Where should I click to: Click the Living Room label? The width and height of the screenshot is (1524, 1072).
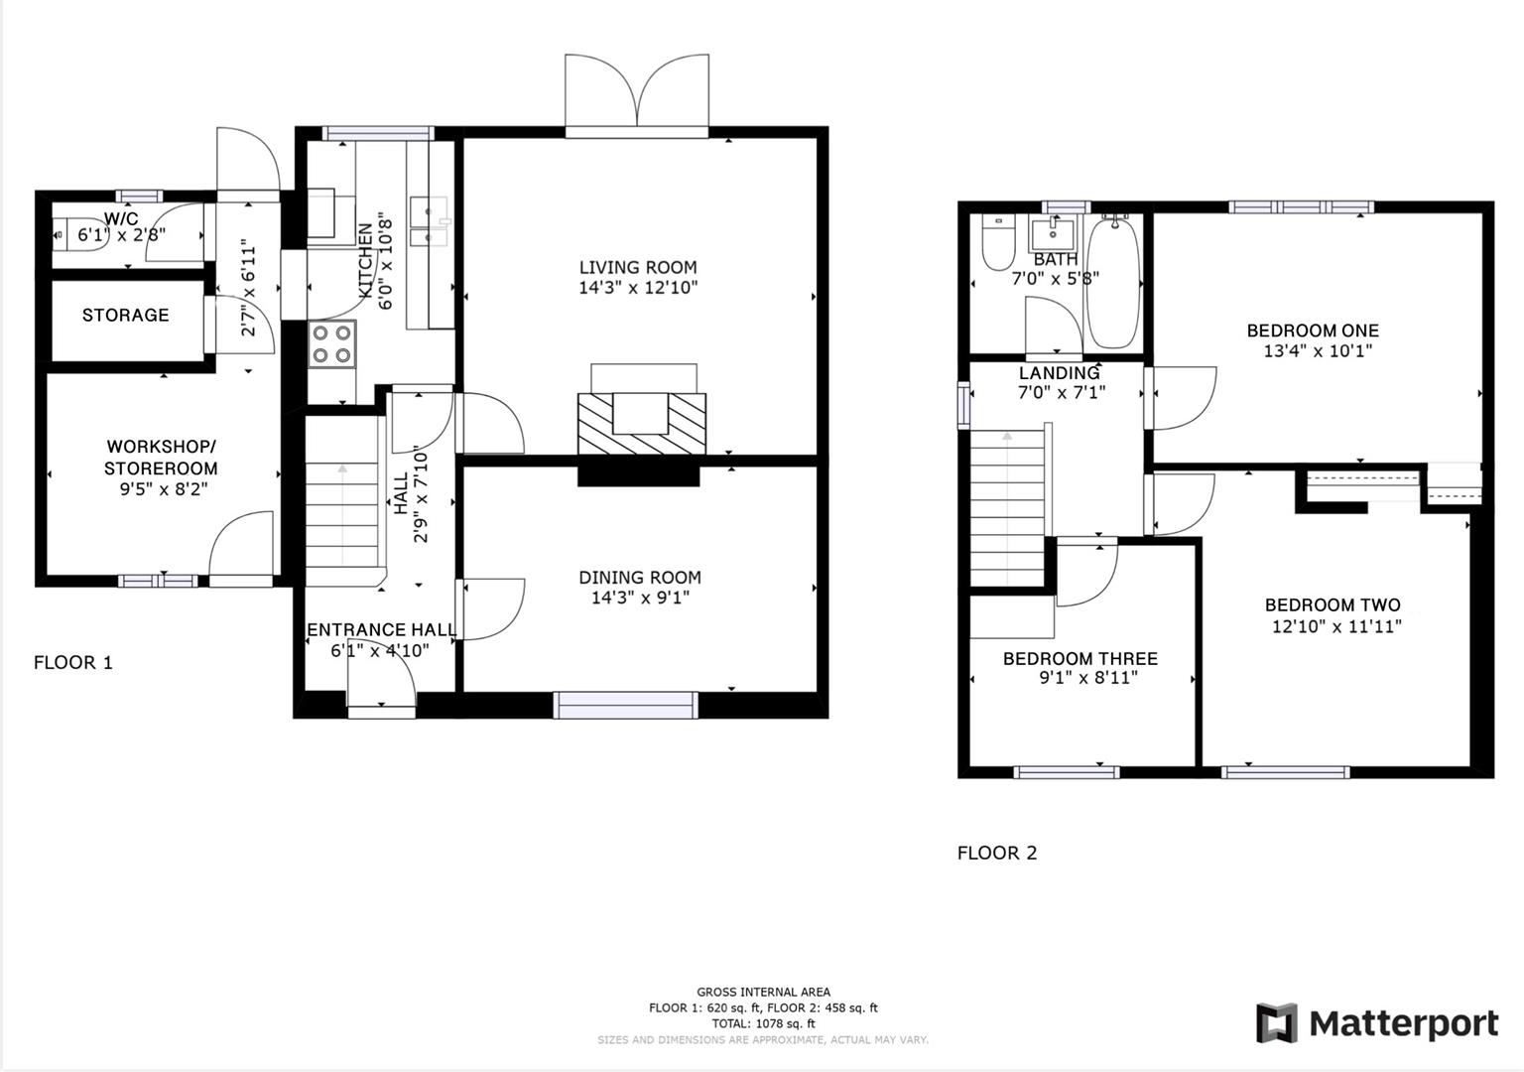pyautogui.click(x=637, y=267)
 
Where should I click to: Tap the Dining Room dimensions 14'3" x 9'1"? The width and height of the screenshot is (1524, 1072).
pyautogui.click(x=639, y=598)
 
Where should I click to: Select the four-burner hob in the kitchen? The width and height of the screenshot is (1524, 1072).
pyautogui.click(x=331, y=344)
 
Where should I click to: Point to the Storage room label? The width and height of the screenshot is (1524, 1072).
pyautogui.click(x=125, y=315)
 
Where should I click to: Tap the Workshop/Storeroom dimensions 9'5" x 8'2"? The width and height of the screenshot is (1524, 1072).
pyautogui.click(x=161, y=488)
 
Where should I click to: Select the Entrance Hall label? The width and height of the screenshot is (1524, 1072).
pyautogui.click(x=381, y=629)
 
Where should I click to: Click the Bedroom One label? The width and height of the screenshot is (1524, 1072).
pyautogui.click(x=1312, y=331)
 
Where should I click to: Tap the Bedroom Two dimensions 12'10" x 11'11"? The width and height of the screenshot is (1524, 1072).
pyautogui.click(x=1335, y=626)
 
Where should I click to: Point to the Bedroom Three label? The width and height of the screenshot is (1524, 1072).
pyautogui.click(x=1079, y=658)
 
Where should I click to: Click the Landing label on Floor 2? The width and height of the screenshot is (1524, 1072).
pyautogui.click(x=1059, y=373)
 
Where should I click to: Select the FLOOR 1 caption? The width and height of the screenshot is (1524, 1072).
pyautogui.click(x=73, y=662)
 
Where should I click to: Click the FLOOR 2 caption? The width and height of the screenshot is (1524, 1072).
pyautogui.click(x=996, y=853)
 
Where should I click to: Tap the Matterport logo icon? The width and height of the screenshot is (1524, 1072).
pyautogui.click(x=1276, y=1023)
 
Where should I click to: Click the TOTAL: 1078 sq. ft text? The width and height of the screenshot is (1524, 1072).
pyautogui.click(x=763, y=1023)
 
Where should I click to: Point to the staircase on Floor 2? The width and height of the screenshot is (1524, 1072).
pyautogui.click(x=1007, y=506)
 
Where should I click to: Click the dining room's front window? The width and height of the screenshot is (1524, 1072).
pyautogui.click(x=625, y=705)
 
